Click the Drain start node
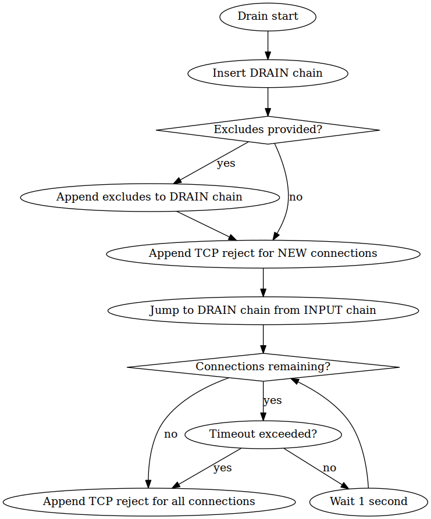click(268, 16)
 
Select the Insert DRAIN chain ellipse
click(268, 73)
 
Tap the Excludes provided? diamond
click(268, 130)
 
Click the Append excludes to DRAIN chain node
click(149, 197)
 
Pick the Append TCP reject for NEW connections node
click(263, 253)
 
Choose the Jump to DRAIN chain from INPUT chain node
click(263, 310)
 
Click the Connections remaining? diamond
click(263, 367)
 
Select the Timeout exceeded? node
click(263, 434)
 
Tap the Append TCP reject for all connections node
click(149, 501)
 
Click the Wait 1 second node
click(369, 501)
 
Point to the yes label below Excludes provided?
click(226, 163)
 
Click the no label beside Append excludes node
click(295, 197)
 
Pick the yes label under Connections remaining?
click(272, 400)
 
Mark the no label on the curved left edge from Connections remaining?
click(170, 434)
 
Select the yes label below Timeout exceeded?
click(222, 468)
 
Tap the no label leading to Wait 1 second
click(329, 468)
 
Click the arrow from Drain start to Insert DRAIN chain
click(268, 44)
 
